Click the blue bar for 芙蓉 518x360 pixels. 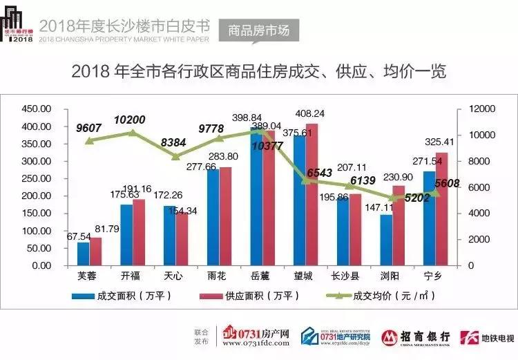pos(84,254)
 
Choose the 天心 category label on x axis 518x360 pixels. pos(173,276)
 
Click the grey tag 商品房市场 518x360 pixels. pos(259,31)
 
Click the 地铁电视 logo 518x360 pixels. pos(487,337)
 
